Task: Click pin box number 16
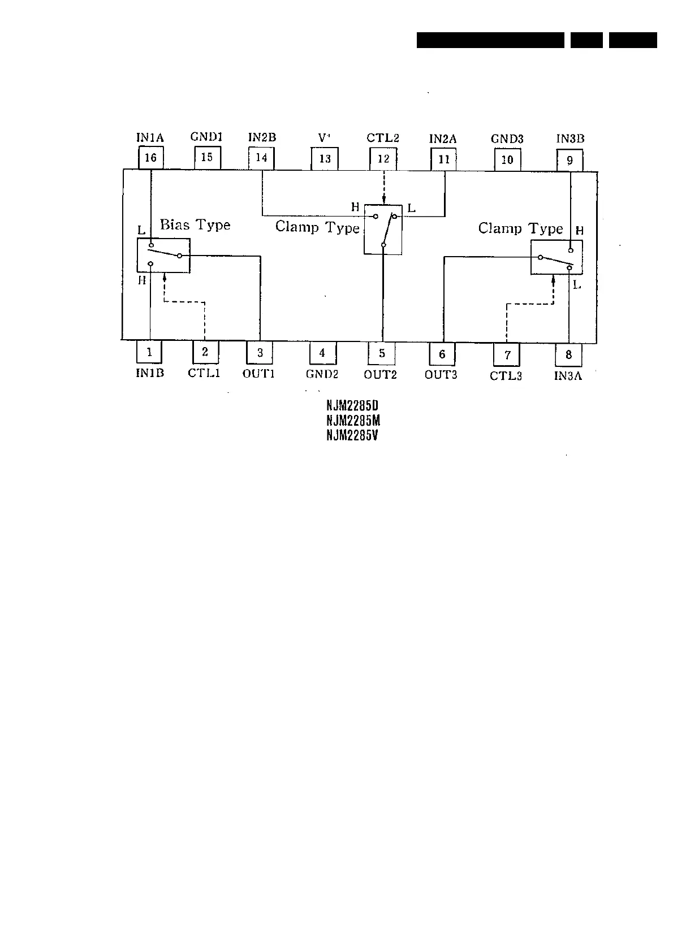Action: [150, 158]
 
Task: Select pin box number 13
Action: [325, 159]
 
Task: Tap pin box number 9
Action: [570, 160]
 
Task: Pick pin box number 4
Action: [322, 353]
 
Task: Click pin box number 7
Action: [507, 355]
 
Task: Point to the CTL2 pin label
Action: [383, 138]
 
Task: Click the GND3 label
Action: [507, 139]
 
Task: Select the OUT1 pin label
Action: [258, 374]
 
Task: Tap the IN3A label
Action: [568, 376]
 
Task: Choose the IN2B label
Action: [262, 137]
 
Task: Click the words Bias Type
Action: [195, 225]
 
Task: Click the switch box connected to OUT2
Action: [383, 229]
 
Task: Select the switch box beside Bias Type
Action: [163, 256]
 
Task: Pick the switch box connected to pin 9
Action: [556, 257]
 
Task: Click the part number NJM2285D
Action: [352, 406]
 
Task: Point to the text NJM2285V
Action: [352, 435]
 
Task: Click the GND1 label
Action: [206, 137]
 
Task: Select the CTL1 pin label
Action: [204, 374]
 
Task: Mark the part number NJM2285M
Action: [353, 421]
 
